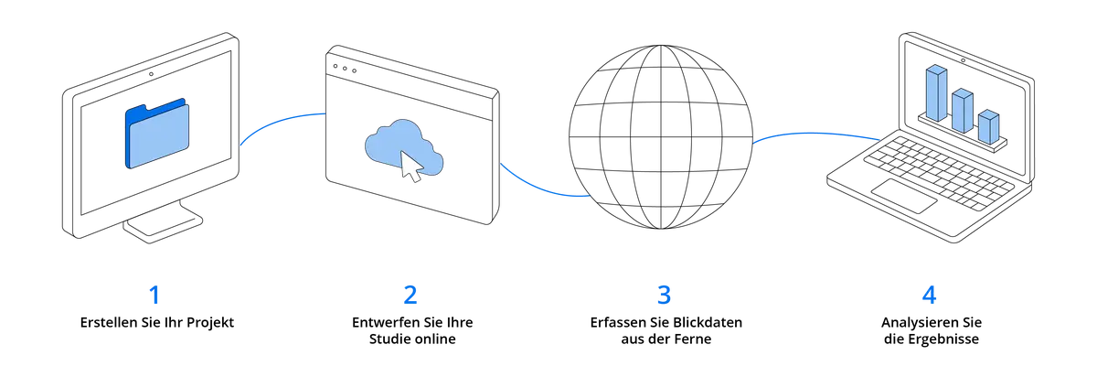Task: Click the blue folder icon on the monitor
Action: pos(157,134)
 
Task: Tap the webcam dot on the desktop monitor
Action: pos(152,74)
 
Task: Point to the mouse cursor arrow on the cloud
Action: pos(410,167)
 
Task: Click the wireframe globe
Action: pos(661,137)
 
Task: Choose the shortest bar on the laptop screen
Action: pos(988,127)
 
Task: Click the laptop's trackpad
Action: pos(904,196)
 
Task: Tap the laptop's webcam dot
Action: pos(963,60)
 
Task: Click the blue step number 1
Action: pos(154,295)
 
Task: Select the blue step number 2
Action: pos(410,295)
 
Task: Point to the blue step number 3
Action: pos(664,295)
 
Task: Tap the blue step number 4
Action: pos(929,295)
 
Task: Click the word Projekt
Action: pos(210,323)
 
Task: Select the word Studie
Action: pos(388,339)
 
